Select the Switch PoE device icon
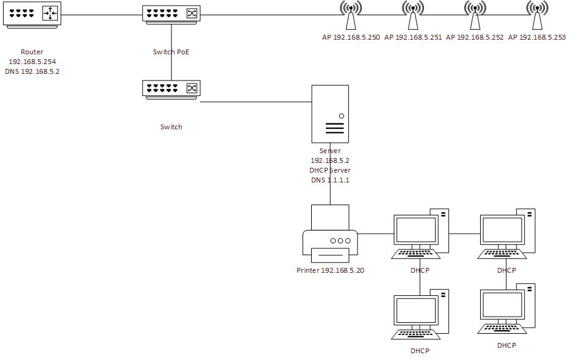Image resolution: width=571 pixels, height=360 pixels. [171, 13]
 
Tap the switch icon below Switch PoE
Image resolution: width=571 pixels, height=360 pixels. [171, 90]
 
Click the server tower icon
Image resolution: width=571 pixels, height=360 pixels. [330, 114]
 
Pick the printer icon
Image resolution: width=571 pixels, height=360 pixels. [330, 235]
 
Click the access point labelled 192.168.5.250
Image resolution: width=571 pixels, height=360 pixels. [351, 16]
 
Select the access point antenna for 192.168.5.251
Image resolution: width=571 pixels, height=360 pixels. [413, 16]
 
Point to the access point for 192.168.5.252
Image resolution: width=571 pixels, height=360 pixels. [475, 16]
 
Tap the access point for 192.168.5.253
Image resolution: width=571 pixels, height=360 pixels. [537, 16]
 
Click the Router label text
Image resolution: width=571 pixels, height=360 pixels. [32, 52]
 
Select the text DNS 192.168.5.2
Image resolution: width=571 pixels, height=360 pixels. [32, 71]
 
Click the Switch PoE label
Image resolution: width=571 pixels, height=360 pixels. [171, 52]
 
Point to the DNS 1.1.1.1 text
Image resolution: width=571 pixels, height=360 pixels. [330, 180]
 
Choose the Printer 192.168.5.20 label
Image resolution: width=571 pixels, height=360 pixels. [330, 270]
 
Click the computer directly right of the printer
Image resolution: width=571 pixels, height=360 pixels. [420, 235]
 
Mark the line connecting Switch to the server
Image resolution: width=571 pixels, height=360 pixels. [256, 102]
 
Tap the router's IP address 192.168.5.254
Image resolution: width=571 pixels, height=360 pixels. [32, 62]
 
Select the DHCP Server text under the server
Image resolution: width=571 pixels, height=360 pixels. [330, 170]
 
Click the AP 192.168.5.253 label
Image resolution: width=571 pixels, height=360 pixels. [537, 37]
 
